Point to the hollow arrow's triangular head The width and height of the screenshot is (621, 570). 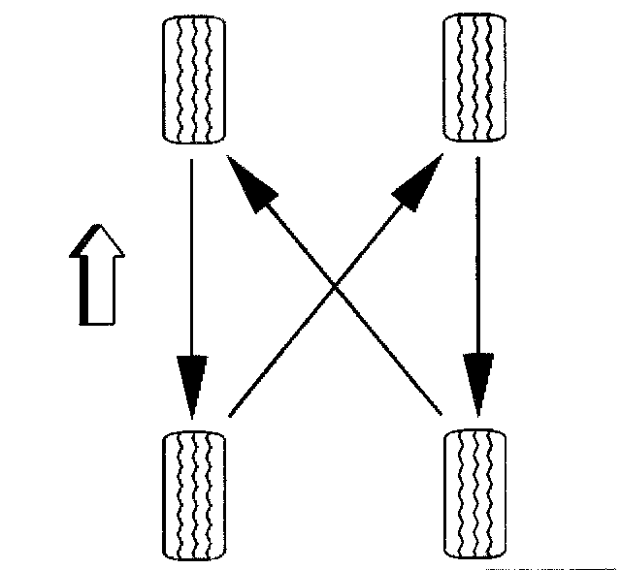[x=97, y=241]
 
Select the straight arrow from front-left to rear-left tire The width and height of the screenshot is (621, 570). [x=192, y=281]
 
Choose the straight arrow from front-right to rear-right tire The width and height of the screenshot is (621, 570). [x=476, y=281]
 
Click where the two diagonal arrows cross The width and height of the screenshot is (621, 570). [x=334, y=287]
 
